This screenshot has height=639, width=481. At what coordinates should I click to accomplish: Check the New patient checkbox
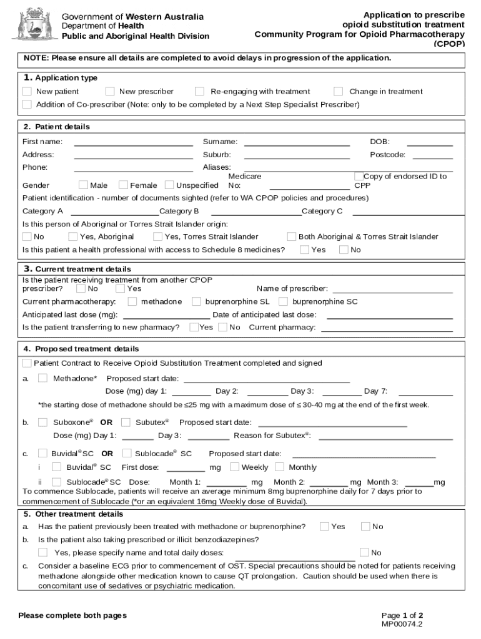27,92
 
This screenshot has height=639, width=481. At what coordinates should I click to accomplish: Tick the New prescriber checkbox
110,92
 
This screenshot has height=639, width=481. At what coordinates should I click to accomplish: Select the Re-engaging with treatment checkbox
200,92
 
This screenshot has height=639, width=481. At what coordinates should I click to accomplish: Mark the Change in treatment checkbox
339,92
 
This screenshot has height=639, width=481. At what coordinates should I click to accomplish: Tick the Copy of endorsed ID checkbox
359,177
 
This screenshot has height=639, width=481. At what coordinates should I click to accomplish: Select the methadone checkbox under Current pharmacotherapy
132,301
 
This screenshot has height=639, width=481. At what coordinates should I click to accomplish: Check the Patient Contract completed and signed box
27,363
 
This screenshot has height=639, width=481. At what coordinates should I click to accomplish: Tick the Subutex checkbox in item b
126,422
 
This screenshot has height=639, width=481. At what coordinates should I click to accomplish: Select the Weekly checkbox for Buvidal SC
235,467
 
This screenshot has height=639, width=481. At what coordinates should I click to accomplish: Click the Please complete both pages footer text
72,615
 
